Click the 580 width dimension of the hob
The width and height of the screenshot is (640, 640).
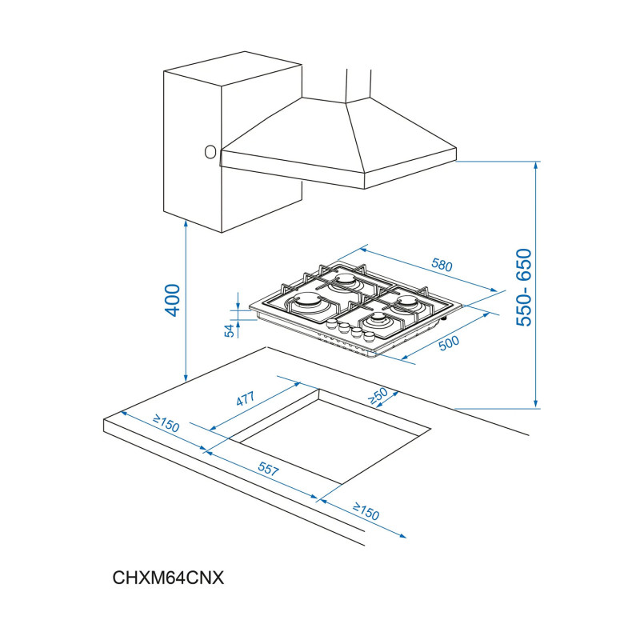click(442, 265)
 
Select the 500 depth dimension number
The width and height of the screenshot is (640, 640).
click(450, 342)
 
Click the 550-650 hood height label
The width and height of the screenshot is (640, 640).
click(524, 286)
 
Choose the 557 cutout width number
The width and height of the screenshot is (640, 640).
click(267, 470)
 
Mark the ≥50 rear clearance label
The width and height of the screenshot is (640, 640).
click(378, 394)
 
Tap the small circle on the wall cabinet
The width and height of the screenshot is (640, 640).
click(210, 150)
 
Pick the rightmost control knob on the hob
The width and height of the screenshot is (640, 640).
click(369, 337)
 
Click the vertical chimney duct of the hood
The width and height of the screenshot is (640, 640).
click(358, 84)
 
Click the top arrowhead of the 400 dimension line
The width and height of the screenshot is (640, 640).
click(186, 224)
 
